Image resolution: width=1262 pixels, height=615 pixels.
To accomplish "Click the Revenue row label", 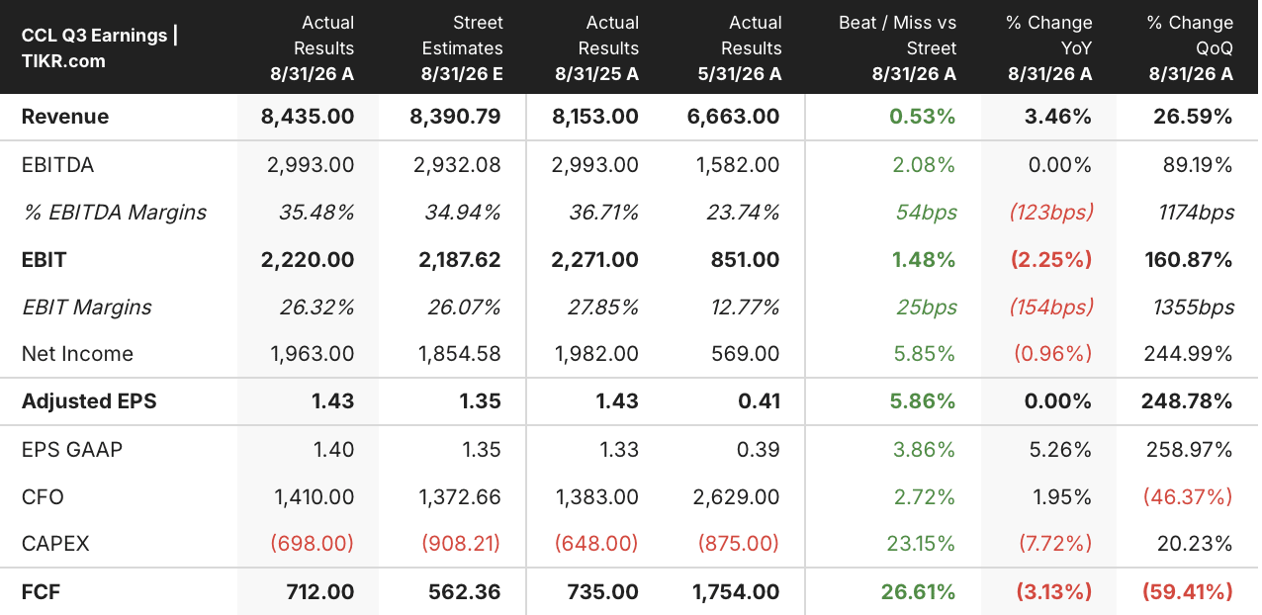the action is click(x=65, y=117).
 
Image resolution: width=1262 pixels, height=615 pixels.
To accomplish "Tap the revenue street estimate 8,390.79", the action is click(x=455, y=117).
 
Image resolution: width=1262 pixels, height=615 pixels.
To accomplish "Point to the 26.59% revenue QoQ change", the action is click(x=1193, y=117).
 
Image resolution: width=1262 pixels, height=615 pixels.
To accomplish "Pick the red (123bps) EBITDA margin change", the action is click(x=1051, y=213).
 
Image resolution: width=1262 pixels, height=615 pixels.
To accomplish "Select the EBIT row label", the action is click(x=44, y=260).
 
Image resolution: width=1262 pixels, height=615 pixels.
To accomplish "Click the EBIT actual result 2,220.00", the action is click(x=308, y=260).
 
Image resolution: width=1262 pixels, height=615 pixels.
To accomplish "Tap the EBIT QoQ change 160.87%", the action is click(x=1189, y=260).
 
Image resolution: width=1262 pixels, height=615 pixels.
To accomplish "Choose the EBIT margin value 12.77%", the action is click(x=745, y=307).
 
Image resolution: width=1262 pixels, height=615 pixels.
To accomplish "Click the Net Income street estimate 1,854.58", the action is click(x=459, y=354).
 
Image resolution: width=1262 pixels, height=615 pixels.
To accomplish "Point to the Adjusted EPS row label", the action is click(x=89, y=401).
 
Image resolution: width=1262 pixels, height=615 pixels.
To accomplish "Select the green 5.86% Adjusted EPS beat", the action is click(x=923, y=401).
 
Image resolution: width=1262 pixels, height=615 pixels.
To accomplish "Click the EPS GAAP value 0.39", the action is click(x=759, y=450).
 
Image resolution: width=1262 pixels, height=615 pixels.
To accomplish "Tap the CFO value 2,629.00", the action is click(x=737, y=497).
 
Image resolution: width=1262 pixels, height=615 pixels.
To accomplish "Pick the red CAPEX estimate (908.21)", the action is click(x=461, y=544).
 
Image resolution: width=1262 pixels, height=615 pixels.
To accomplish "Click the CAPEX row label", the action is click(x=55, y=544).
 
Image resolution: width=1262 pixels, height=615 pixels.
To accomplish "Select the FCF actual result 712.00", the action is click(x=320, y=592).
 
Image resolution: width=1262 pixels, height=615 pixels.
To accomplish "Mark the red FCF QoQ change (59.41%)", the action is click(x=1188, y=592).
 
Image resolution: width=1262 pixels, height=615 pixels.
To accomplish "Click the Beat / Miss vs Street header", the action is click(x=897, y=47).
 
